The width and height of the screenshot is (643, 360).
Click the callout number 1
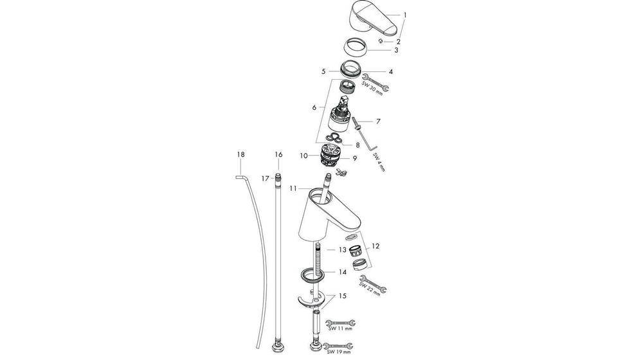tap(405, 14)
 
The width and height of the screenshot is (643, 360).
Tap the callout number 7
tap(379, 120)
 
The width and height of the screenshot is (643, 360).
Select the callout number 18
tap(240, 154)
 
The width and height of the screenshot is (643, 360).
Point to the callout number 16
tap(278, 154)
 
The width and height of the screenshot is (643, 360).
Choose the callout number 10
tap(303, 155)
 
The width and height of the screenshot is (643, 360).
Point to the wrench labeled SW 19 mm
tap(340, 345)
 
